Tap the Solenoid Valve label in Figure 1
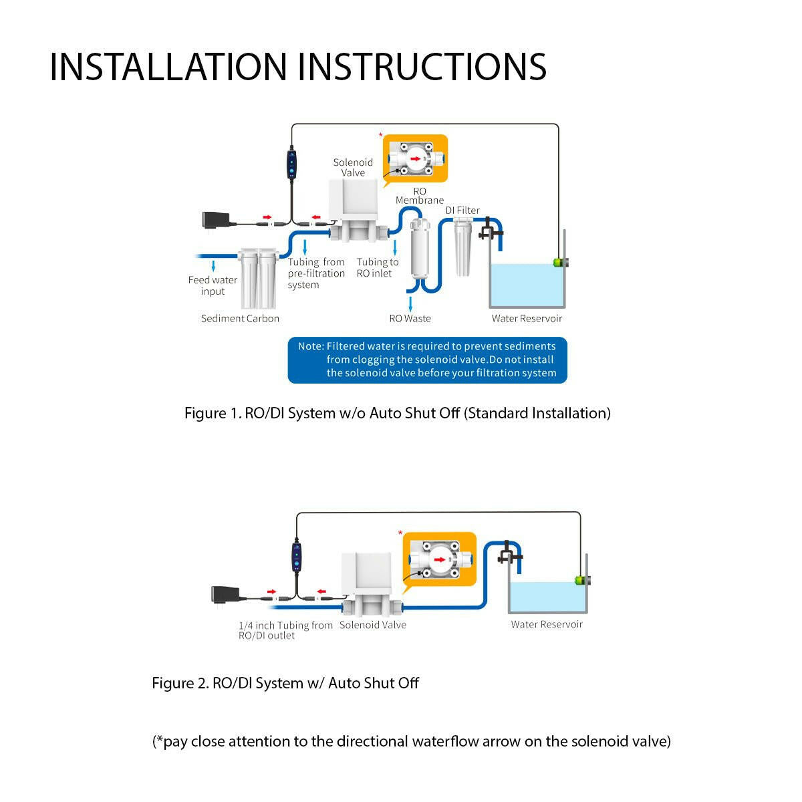[x=353, y=167]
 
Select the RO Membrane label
[x=420, y=196]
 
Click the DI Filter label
[x=462, y=211]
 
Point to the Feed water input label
[x=213, y=285]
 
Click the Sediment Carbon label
[x=240, y=319]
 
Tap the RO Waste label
[x=410, y=319]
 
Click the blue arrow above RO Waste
[x=410, y=303]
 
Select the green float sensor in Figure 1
[x=557, y=263]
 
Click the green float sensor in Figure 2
[x=579, y=580]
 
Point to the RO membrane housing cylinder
[x=420, y=249]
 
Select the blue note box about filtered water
[x=427, y=360]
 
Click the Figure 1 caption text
[x=397, y=414]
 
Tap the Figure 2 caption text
[x=285, y=684]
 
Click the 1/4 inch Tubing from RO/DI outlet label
[x=285, y=630]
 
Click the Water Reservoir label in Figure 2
[x=547, y=625]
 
